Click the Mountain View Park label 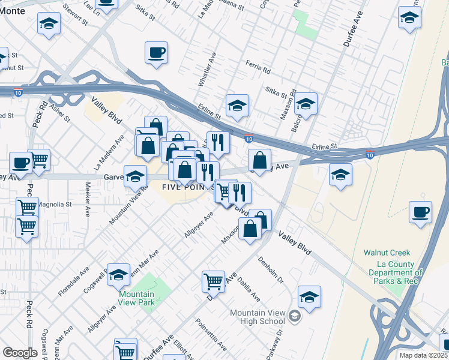136,298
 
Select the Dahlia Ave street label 248,289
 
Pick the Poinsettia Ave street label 211,334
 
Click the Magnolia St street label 55,204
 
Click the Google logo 20,353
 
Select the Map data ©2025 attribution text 423,355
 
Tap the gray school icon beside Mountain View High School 295,316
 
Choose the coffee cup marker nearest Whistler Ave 156,53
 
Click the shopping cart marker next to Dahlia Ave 213,281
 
